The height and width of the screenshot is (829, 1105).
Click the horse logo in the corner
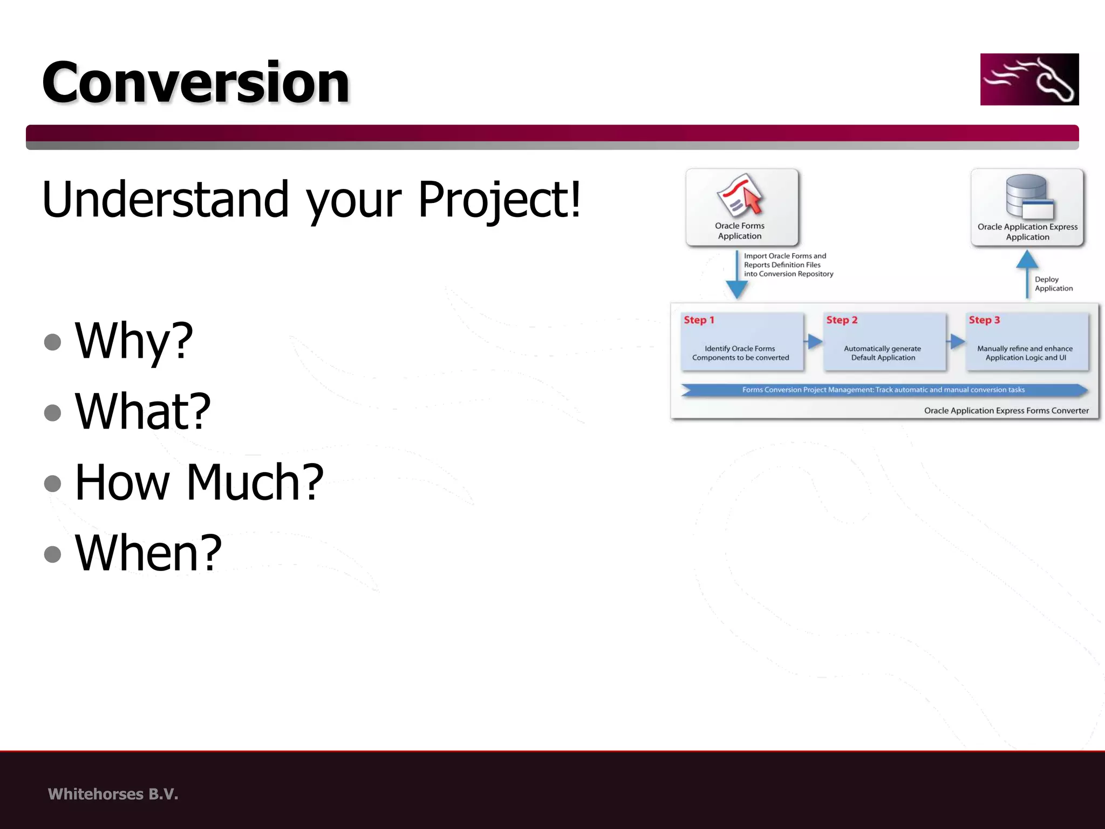1029,79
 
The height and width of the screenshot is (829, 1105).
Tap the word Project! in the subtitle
499,200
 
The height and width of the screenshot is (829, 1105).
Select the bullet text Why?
134,341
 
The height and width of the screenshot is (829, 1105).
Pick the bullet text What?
142,411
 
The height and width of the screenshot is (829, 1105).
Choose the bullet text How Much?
199,482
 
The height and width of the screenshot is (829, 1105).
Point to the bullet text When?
148,553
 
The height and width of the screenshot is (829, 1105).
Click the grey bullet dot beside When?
52,554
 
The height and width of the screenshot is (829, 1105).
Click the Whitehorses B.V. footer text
113,794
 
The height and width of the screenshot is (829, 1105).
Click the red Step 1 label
699,320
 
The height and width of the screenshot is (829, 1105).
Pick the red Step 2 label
842,320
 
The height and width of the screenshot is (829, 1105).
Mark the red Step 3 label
984,320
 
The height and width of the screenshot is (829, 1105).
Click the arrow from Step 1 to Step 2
814,341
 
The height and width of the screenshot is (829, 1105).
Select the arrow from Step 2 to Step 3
956,341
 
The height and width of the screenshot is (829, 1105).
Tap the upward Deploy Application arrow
1027,273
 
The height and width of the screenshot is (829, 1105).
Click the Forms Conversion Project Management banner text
883,390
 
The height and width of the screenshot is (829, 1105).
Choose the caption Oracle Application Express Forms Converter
1006,411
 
